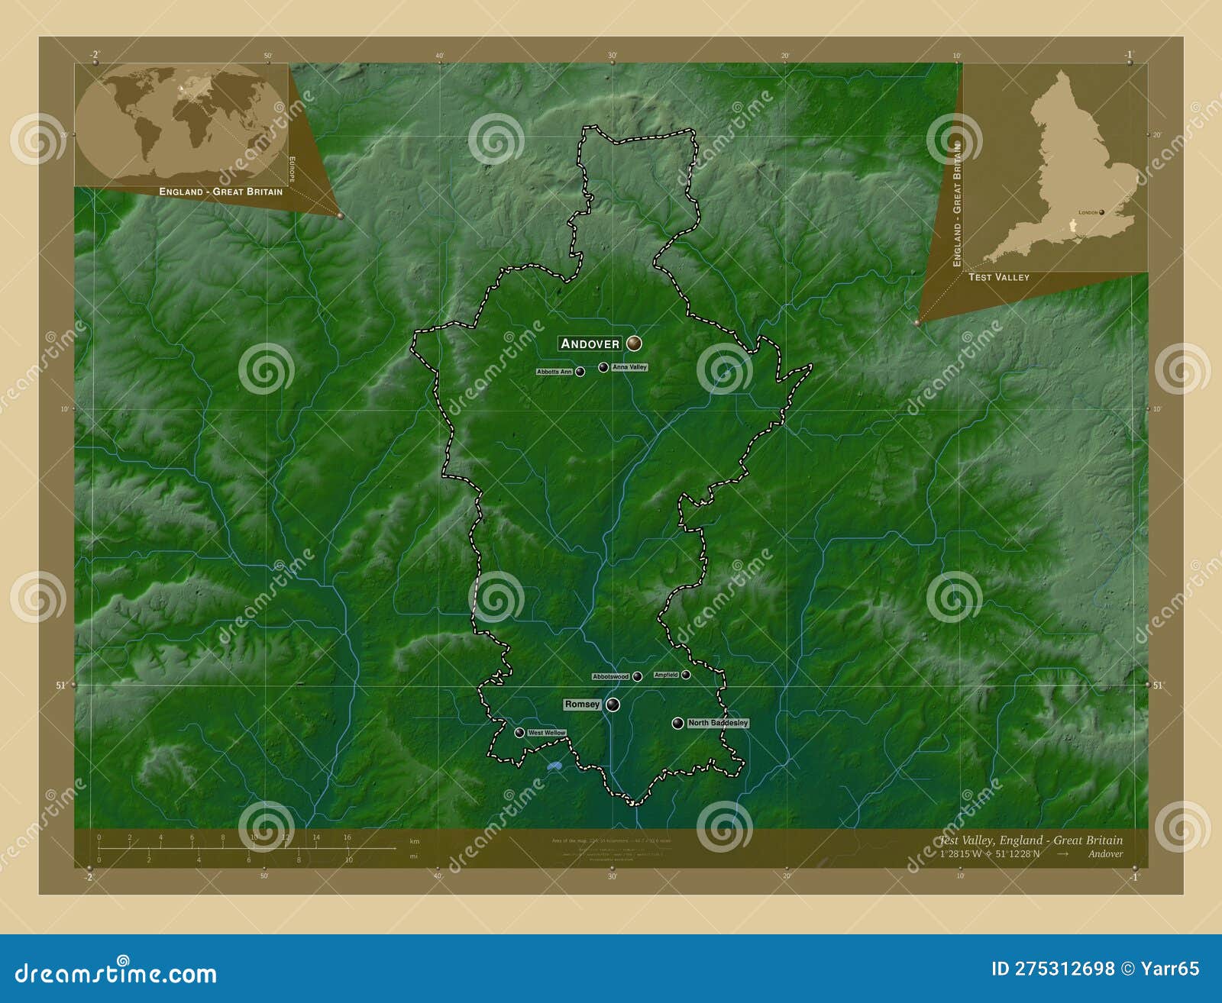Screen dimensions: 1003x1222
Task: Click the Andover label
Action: coord(590,343)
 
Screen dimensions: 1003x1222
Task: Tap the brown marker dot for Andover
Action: coord(633,343)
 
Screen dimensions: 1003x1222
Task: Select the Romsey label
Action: coord(582,705)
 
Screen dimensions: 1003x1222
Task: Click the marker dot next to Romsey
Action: coord(613,705)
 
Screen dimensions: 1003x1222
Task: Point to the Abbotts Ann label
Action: coord(554,372)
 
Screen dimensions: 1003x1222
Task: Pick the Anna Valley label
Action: coord(629,367)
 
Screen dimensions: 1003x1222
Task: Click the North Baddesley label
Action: coord(718,723)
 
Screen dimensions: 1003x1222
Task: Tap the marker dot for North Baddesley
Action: coord(677,723)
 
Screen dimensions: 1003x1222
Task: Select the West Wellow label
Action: coord(547,733)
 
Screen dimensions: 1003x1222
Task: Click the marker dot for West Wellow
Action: coord(519,733)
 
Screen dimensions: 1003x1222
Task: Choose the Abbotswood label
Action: coord(611,676)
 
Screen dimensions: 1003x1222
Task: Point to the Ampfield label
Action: coord(666,675)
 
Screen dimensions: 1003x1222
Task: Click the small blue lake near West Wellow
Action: coord(554,766)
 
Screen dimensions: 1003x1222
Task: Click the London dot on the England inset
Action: coord(1102,212)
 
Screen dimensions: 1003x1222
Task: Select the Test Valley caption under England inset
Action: coord(998,277)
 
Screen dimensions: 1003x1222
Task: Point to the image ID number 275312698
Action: coord(1064,969)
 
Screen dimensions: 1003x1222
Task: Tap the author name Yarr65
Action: coord(1170,969)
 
